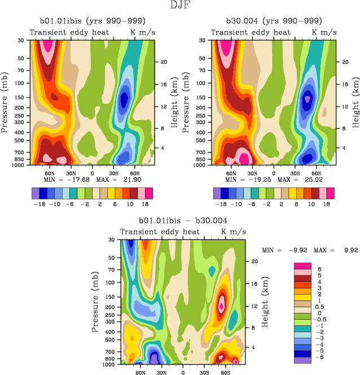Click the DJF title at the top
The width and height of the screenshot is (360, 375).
(180, 6)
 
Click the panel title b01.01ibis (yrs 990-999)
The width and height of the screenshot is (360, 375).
(92, 21)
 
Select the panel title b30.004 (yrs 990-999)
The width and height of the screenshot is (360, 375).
(274, 21)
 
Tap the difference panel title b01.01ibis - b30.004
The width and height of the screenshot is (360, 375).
(183, 220)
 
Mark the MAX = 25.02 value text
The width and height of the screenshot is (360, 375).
(300, 179)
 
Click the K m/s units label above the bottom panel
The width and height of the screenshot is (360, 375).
(232, 232)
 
